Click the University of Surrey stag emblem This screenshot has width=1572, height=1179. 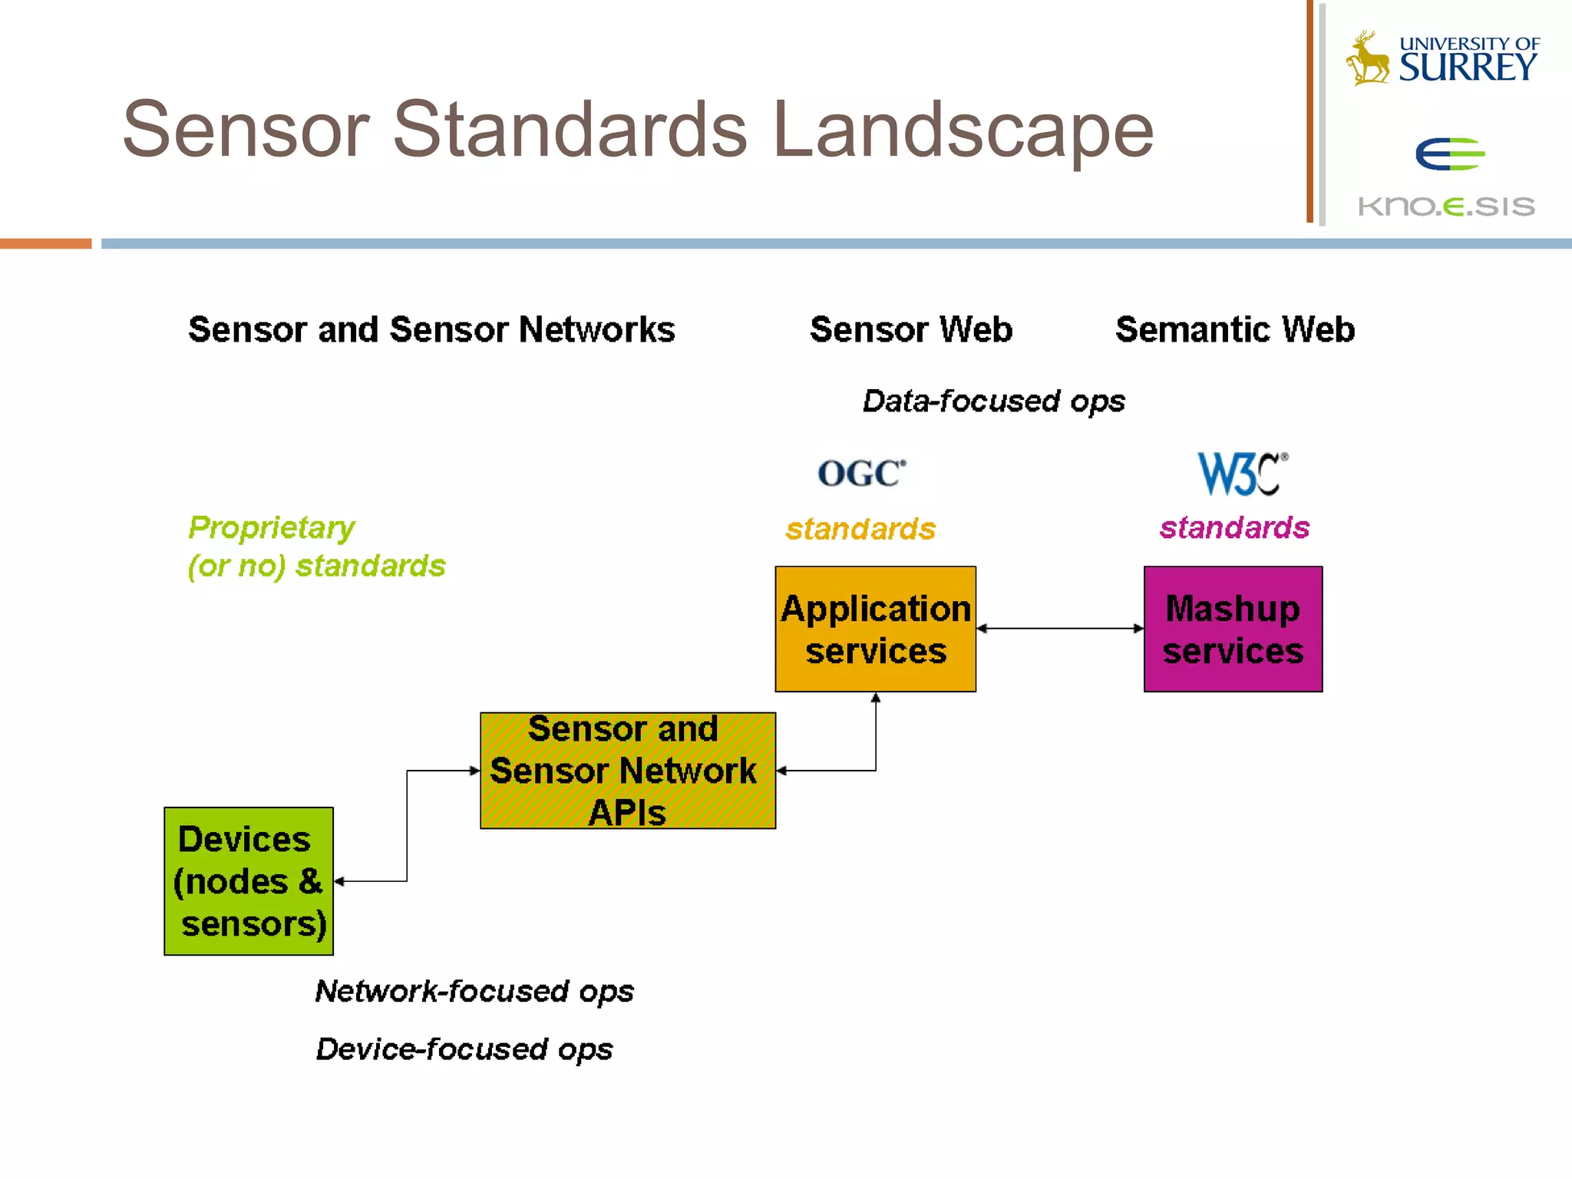click(1368, 58)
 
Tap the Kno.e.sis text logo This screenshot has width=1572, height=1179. click(1446, 206)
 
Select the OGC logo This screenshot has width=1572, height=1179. click(861, 474)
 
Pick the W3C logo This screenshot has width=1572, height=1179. click(1241, 474)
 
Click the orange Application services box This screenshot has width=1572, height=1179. click(875, 629)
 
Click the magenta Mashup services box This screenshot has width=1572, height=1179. click(1233, 629)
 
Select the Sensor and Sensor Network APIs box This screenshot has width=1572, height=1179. click(627, 770)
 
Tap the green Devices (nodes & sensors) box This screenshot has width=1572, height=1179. click(249, 880)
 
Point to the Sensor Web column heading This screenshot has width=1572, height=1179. click(911, 329)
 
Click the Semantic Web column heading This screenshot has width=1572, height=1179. click(1234, 329)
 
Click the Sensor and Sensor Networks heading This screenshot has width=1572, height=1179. click(431, 329)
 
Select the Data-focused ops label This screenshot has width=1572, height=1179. click(993, 401)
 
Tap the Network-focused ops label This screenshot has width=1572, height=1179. click(474, 991)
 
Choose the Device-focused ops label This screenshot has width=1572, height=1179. click(464, 1049)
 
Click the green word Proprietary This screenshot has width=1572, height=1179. click(272, 527)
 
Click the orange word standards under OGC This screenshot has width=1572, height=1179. click(860, 529)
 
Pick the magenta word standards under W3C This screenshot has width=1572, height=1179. click(1234, 527)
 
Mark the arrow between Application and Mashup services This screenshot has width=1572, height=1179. click(1059, 628)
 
